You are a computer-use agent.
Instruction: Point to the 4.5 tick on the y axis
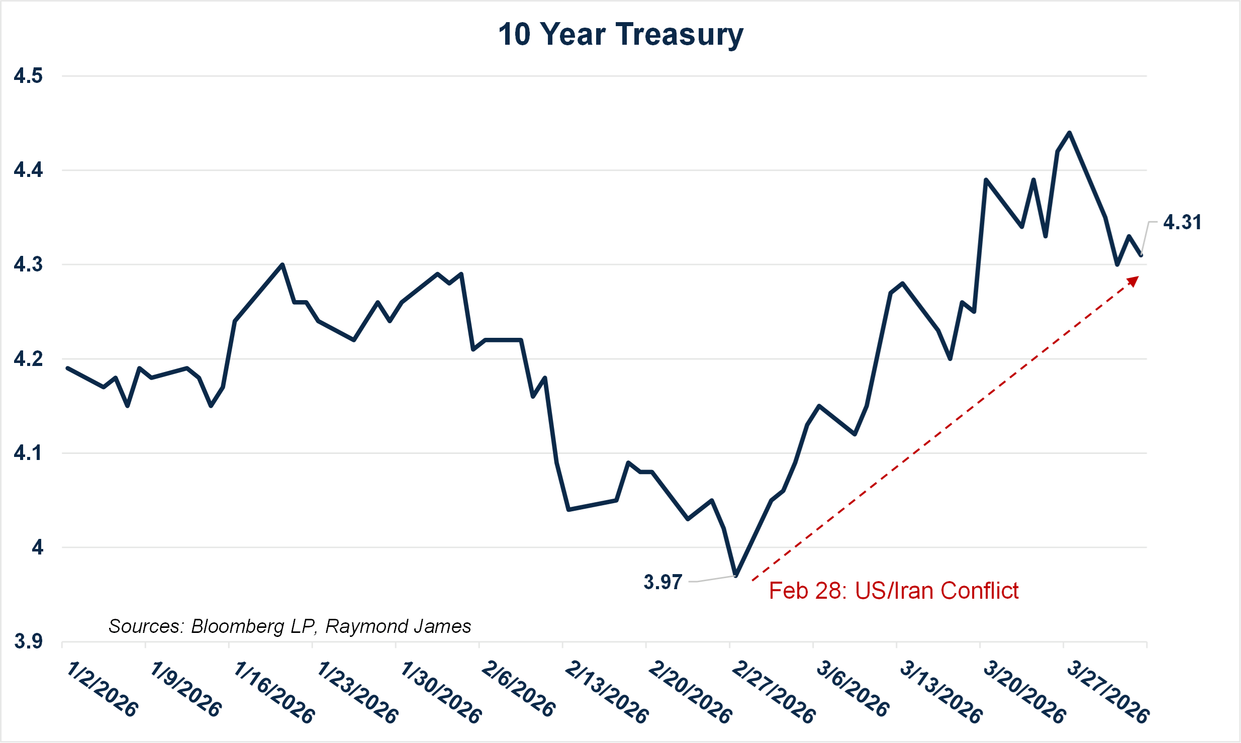[28, 76]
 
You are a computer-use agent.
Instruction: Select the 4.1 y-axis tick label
[28, 453]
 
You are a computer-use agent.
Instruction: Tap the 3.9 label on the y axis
[28, 641]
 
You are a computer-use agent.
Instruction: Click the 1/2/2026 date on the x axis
[102, 689]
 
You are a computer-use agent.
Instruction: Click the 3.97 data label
[662, 582]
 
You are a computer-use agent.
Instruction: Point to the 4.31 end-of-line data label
[1182, 222]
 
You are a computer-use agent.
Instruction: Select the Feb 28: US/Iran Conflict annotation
[893, 591]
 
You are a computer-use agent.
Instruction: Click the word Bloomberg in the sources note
[237, 626]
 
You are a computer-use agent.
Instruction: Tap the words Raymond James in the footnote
[398, 626]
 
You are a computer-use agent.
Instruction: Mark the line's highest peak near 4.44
[1069, 133]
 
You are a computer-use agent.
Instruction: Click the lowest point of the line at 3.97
[736, 575]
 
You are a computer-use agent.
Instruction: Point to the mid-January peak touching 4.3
[282, 264]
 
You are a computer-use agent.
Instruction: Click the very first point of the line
[67, 368]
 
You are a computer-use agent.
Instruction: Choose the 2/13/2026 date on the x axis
[606, 692]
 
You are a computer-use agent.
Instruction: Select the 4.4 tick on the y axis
[28, 170]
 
